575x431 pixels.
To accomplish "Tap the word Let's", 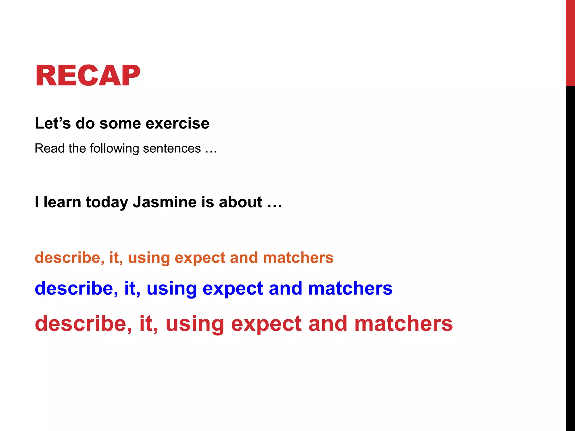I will pos(53,123).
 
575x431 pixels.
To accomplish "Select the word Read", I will pos(49,148).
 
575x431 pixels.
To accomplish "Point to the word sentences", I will pos(172,148).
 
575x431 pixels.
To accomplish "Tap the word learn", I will pos(62,202).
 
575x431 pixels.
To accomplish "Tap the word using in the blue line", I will pos(172,289).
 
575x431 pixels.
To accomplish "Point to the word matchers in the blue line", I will pos(350,288).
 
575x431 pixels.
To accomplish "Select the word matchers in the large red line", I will pos(403,324).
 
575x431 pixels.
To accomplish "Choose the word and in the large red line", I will pos(328,324).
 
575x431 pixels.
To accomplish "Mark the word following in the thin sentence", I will pos(114,148).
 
